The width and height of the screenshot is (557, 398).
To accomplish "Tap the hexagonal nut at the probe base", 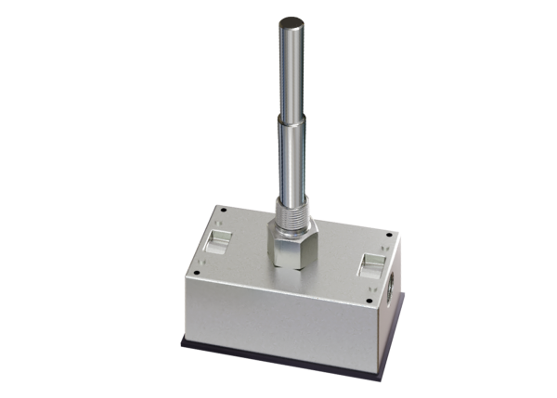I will click(291, 243).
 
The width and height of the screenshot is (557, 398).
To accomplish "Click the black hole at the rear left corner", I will click(214, 210).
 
